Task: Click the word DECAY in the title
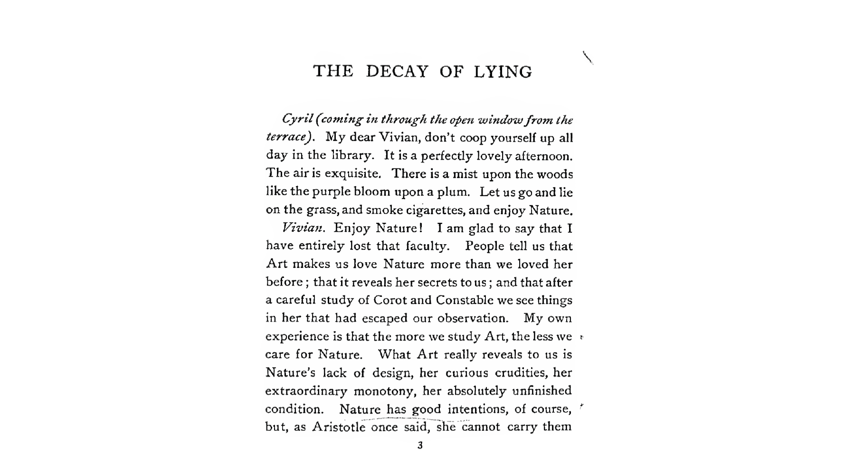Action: click(397, 72)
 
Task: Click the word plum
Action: click(455, 192)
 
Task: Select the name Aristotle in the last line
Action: click(338, 427)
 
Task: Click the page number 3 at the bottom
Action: click(419, 446)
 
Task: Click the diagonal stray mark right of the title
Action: click(588, 57)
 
